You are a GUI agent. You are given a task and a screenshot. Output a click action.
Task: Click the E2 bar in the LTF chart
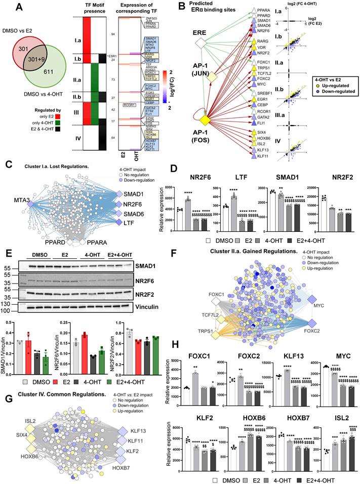point(236,197)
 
